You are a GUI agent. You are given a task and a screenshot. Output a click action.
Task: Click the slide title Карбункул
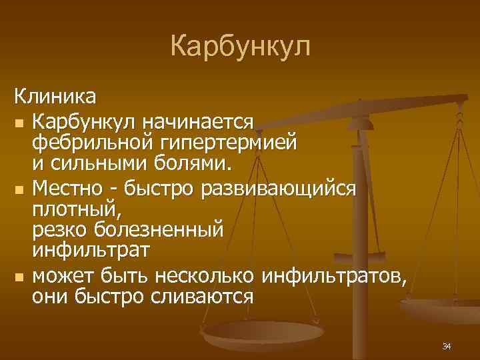[240, 47]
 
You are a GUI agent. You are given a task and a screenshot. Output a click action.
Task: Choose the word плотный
[65, 209]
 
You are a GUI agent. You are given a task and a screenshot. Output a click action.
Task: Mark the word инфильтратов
[333, 275]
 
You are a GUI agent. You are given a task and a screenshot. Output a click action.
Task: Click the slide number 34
[447, 346]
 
